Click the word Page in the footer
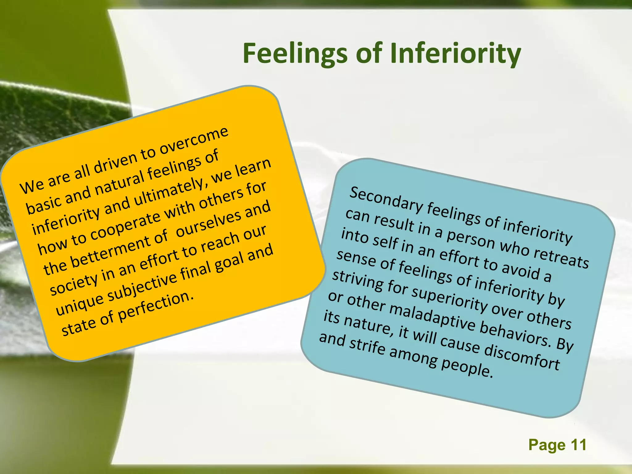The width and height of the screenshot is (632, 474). pyautogui.click(x=547, y=445)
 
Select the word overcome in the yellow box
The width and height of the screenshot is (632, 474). pyautogui.click(x=194, y=141)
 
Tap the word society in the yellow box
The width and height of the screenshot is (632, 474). pyautogui.click(x=73, y=285)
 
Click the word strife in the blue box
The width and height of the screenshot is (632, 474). pyautogui.click(x=367, y=346)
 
